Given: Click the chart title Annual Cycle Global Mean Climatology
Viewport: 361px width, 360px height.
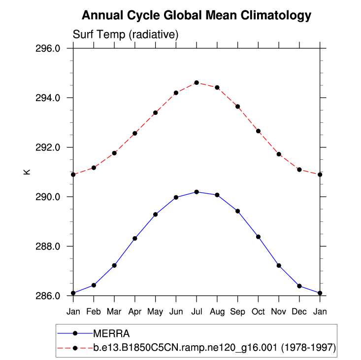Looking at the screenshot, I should (x=197, y=15).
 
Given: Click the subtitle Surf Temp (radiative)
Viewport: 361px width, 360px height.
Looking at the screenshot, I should (x=125, y=35).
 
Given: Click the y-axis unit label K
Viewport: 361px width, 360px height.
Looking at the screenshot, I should (x=28, y=172).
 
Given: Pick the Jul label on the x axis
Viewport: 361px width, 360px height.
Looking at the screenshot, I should (x=197, y=312).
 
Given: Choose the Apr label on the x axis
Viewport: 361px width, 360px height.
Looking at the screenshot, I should (x=134, y=312).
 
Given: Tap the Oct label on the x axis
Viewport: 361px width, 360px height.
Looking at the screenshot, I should (x=259, y=312).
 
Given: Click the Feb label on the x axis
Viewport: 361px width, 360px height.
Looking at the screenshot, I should (x=94, y=312).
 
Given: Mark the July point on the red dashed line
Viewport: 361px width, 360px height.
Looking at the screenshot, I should (x=197, y=82).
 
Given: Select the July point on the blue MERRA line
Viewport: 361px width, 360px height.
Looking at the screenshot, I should (x=197, y=192).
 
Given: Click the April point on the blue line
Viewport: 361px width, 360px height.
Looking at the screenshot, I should (x=135, y=238).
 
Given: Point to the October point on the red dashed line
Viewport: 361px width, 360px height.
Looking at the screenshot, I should (x=259, y=131).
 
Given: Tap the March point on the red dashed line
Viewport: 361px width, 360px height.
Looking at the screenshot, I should (x=114, y=153).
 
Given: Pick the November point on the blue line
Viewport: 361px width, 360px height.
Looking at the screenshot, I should (x=279, y=265).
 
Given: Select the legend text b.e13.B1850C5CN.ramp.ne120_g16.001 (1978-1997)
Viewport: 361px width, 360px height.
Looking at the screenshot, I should (x=215, y=348).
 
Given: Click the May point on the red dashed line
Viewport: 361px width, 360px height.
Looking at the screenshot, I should (x=156, y=112).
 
